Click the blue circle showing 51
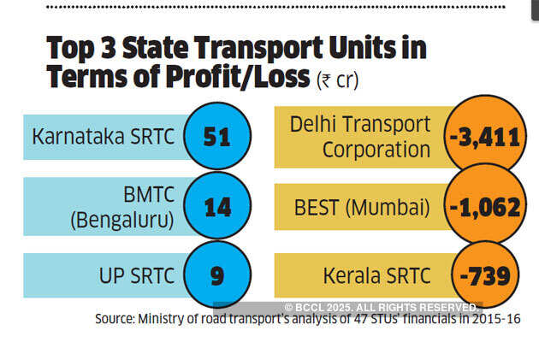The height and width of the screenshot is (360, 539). pyautogui.click(x=217, y=136)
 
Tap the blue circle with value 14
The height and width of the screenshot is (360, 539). pyautogui.click(x=217, y=207)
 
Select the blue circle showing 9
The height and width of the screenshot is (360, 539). pyautogui.click(x=217, y=276)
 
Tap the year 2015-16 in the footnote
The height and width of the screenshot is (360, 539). pyautogui.click(x=496, y=319)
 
